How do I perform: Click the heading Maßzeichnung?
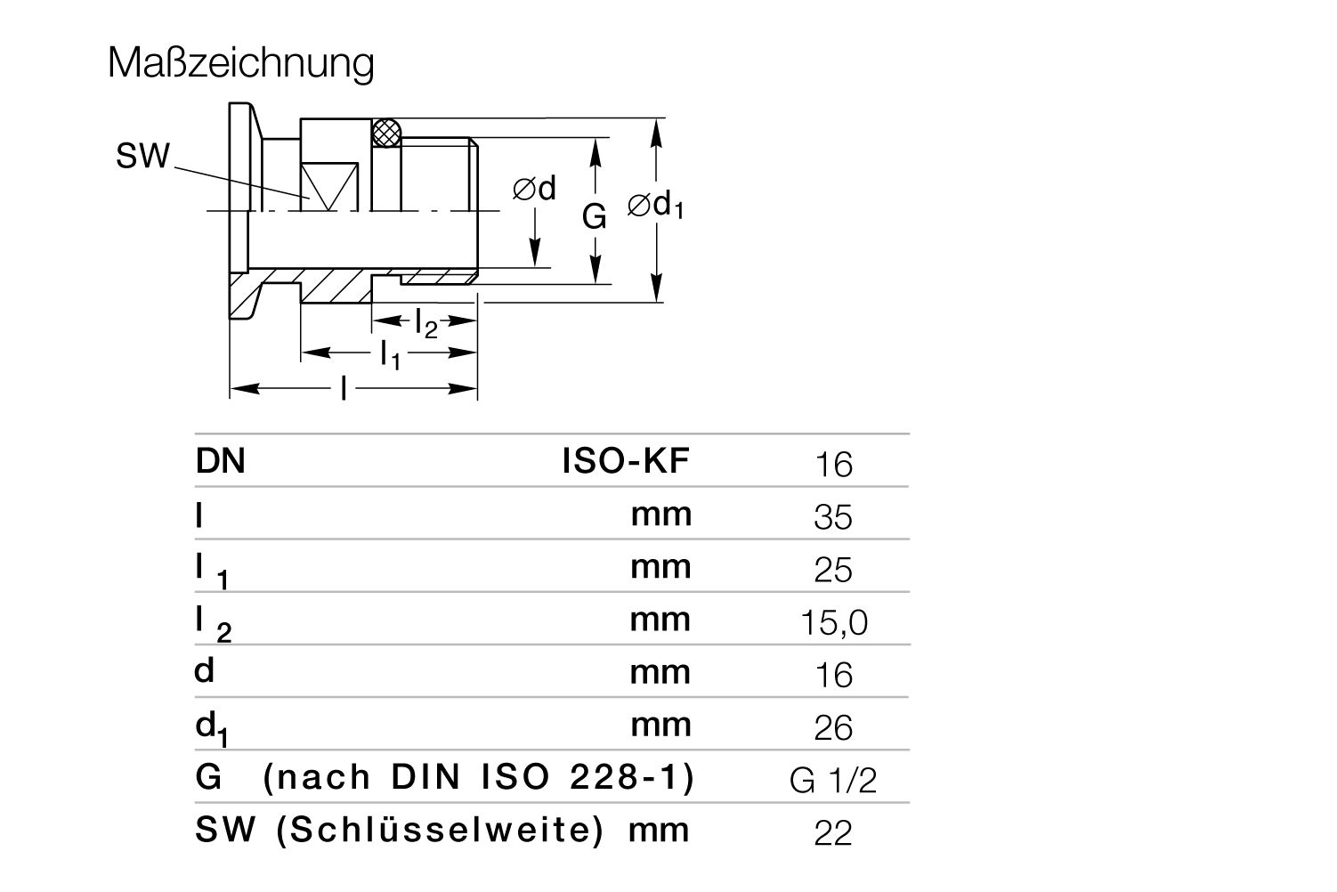pos(240,63)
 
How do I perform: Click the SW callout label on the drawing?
pos(142,156)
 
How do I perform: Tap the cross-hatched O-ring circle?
pos(387,133)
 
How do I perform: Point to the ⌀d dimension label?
pos(534,188)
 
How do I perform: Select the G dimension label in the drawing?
pos(594,216)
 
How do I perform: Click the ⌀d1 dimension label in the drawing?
pos(655,206)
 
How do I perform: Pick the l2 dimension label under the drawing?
pos(426,324)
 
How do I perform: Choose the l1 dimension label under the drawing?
pos(391,355)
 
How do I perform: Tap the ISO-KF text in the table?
pos(626,460)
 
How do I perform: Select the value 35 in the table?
pos(832,517)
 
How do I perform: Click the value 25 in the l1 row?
pos(832,570)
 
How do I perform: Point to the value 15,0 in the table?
pos(833,623)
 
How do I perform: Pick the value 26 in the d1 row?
pos(833,728)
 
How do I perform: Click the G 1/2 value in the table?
pos(833,781)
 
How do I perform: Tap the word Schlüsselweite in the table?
pos(441,830)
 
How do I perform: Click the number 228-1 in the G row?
pos(624,777)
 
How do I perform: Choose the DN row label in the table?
pos(220,461)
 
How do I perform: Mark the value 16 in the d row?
pos(834,676)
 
